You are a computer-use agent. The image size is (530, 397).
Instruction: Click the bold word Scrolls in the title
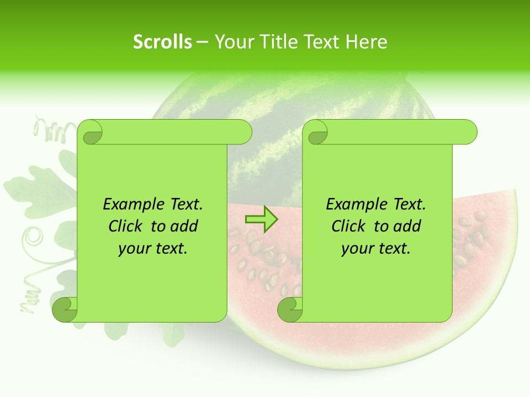pos(162,42)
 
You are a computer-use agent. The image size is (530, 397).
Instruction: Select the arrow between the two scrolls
pos(261,219)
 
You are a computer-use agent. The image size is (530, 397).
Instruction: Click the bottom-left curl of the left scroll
pos(65,309)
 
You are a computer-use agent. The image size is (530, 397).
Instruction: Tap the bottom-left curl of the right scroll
pos(290,309)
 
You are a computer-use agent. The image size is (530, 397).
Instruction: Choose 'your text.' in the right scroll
pos(376,248)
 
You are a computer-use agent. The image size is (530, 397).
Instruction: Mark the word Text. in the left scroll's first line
pos(184,204)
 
